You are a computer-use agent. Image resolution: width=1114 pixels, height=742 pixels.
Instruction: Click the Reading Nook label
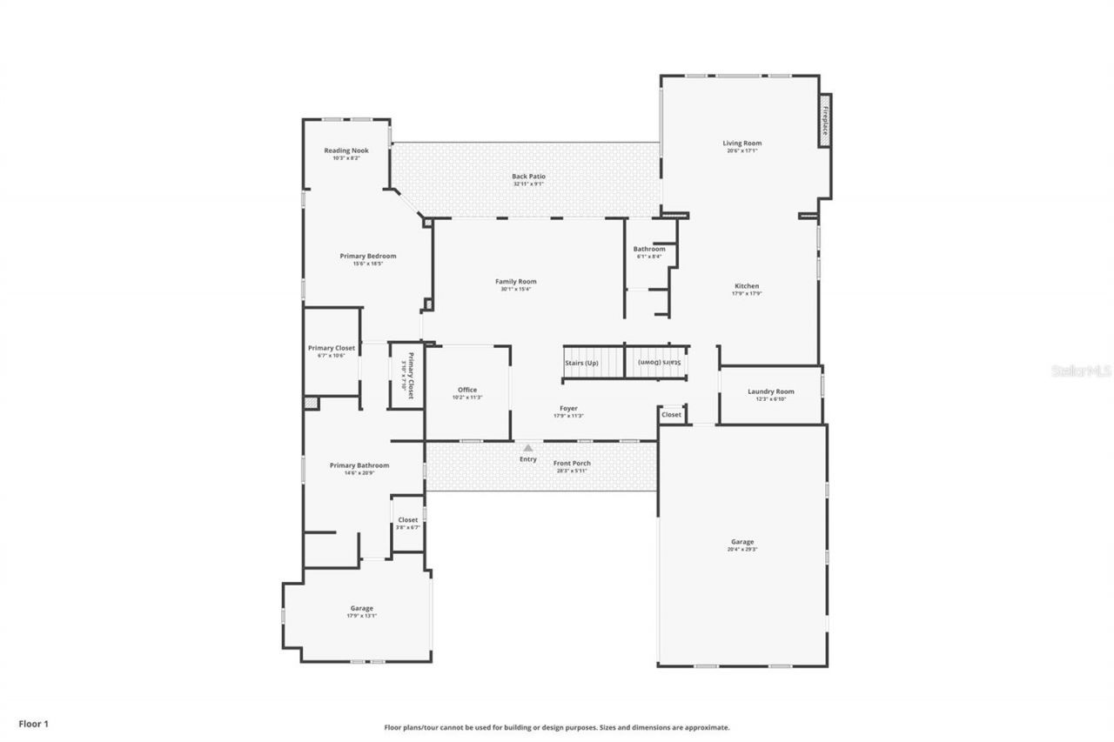tap(346, 151)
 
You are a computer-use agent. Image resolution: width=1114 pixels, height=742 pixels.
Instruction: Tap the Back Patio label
tap(528, 177)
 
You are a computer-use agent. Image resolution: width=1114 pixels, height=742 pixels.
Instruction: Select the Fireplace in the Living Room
tap(824, 120)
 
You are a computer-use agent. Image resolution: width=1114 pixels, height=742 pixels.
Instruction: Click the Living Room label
tap(742, 144)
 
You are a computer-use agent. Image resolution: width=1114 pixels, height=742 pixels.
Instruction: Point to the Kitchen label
tap(746, 286)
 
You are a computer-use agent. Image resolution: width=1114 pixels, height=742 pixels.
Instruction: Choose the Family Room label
tap(515, 282)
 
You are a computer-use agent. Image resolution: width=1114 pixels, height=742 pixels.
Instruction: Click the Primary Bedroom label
tap(367, 257)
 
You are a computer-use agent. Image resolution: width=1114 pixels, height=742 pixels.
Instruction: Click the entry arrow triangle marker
tap(527, 448)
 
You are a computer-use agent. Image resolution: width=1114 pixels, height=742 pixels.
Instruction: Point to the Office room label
tap(467, 391)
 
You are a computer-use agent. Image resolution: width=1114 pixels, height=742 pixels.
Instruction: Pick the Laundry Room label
tap(770, 392)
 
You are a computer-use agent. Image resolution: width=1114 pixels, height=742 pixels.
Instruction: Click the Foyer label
tap(568, 409)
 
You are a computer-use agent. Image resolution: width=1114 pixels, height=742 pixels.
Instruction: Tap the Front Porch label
tap(572, 464)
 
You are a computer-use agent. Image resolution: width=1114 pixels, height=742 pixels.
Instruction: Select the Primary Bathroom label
tap(359, 466)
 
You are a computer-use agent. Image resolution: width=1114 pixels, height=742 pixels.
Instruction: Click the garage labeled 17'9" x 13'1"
tap(361, 609)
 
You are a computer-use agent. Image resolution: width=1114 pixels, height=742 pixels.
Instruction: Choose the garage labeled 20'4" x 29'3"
tap(742, 543)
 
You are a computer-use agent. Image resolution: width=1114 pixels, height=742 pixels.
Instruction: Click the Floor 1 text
tap(33, 723)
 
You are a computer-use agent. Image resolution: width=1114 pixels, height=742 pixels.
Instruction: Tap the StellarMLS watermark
tap(1081, 371)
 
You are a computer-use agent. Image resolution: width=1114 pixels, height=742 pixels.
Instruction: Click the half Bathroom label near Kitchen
tap(648, 250)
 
